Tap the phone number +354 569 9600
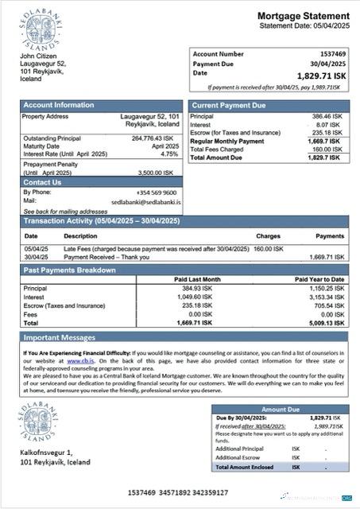click(x=157, y=192)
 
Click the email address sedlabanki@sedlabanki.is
click(x=146, y=202)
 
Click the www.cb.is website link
click(x=78, y=361)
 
